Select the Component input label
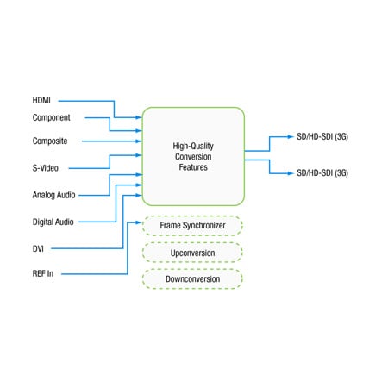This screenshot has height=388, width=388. (x=52, y=117)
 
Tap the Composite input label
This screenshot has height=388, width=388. (x=50, y=141)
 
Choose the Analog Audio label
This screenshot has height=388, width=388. (x=54, y=195)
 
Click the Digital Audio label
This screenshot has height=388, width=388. (x=53, y=222)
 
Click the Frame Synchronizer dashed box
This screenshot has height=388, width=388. (x=193, y=226)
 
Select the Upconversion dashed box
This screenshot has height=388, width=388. (x=193, y=253)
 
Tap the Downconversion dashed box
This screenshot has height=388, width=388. (x=193, y=279)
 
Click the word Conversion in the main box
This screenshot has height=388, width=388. (x=193, y=156)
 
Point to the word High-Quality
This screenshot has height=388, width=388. (x=193, y=146)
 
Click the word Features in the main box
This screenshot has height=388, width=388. (x=193, y=166)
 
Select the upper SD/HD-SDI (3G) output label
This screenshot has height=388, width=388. (x=322, y=137)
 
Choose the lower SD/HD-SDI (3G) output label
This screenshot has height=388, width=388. (x=322, y=173)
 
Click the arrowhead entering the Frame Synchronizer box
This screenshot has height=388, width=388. (x=138, y=225)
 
